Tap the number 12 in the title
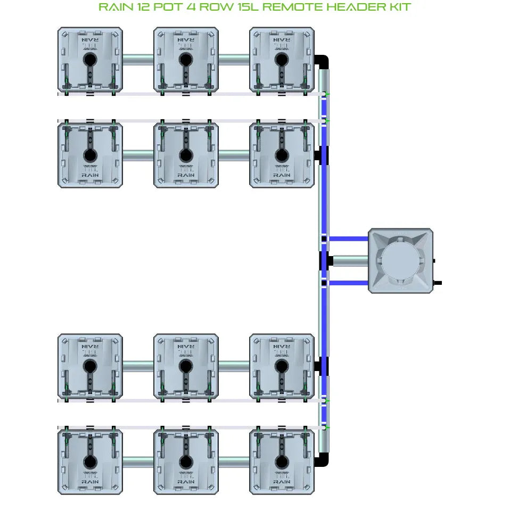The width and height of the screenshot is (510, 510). [x=140, y=7]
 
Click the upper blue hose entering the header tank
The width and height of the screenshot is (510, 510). [x=349, y=239]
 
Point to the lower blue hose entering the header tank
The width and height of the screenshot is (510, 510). [x=349, y=283]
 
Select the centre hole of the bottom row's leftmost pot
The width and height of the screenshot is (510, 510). [x=89, y=461]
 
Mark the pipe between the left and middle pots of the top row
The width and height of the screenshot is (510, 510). [x=138, y=59]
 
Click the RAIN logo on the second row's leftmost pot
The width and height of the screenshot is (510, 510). [x=90, y=175]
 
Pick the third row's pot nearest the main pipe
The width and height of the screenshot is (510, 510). [x=282, y=366]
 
